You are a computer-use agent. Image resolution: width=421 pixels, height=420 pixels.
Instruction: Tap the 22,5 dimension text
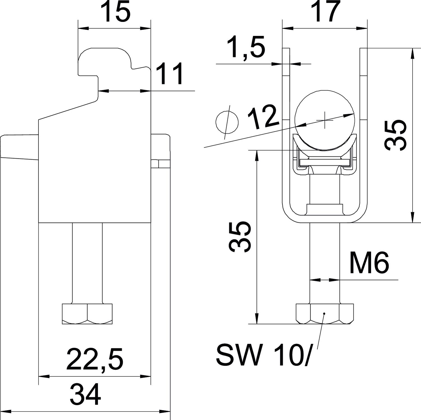point(95,359)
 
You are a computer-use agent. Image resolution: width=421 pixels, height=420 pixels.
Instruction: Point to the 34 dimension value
point(85,395)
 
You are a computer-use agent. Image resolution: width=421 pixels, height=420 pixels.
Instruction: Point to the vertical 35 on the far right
point(395,135)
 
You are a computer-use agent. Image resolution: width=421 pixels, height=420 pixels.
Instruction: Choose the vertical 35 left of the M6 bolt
point(239,237)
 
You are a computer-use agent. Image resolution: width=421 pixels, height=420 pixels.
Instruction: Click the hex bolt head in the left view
point(87,314)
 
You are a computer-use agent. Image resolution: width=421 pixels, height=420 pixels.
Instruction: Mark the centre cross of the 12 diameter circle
point(324,120)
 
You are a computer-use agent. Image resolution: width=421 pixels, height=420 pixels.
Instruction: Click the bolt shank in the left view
point(87,263)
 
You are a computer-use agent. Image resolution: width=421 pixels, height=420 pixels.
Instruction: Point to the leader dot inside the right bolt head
point(324,313)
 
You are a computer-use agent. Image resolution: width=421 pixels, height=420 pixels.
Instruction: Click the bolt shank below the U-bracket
point(325,263)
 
